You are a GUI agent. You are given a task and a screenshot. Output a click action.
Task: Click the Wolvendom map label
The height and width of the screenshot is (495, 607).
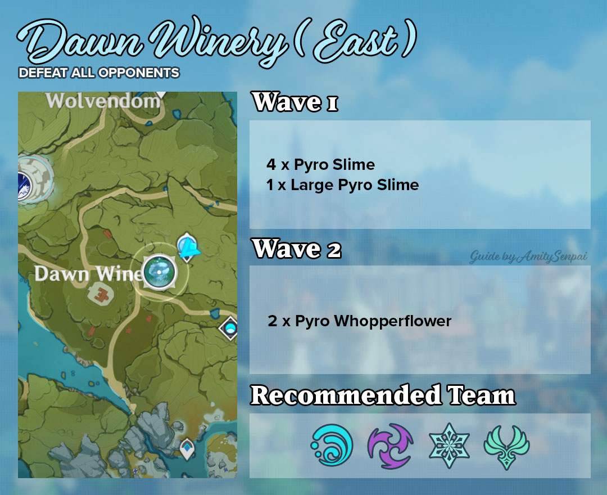tap(103, 101)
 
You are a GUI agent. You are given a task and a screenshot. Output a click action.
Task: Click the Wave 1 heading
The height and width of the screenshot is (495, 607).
tap(295, 103)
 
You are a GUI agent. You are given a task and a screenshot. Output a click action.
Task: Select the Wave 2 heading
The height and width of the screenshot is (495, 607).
tap(297, 249)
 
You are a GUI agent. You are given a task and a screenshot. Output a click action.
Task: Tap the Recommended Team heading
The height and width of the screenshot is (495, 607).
tap(382, 395)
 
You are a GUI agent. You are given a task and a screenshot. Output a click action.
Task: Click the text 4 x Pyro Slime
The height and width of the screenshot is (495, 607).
tap(320, 165)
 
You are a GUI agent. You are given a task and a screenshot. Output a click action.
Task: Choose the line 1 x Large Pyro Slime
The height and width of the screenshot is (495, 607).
tap(342, 185)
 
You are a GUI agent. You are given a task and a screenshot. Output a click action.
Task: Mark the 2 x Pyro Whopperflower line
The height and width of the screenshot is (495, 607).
tap(360, 321)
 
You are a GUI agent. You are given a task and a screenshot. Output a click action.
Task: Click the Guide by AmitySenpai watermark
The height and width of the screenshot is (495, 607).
tap(528, 257)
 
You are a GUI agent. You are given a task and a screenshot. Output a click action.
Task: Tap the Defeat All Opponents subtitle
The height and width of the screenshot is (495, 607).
tap(99, 73)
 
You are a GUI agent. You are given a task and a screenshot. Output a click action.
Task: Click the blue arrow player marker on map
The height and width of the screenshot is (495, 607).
tap(189, 247)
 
